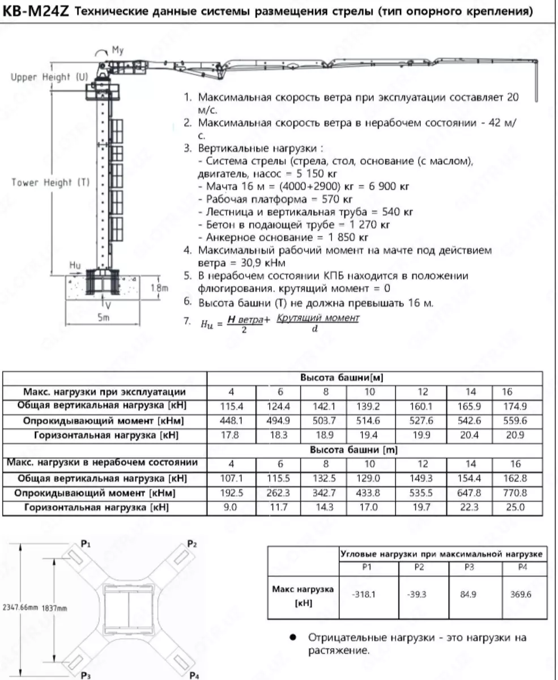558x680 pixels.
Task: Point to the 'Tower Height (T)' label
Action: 50,182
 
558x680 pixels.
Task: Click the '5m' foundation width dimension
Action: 103,318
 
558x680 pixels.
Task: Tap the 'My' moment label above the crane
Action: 117,50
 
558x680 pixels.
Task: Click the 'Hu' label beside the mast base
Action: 74,265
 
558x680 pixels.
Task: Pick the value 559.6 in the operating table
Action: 515,421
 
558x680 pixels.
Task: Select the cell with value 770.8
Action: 515,493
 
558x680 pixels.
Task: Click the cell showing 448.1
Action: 231,421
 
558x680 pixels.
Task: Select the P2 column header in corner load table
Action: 419,567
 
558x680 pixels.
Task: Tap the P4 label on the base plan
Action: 194,675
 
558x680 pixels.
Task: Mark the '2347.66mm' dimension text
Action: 20,607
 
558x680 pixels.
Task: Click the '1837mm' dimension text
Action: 54,607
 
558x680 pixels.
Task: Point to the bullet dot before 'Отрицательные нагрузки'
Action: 293,637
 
